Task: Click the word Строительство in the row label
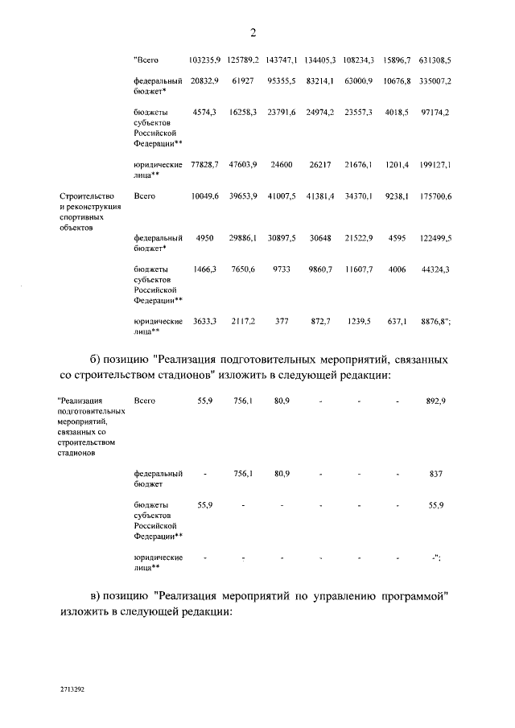[87, 195]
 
